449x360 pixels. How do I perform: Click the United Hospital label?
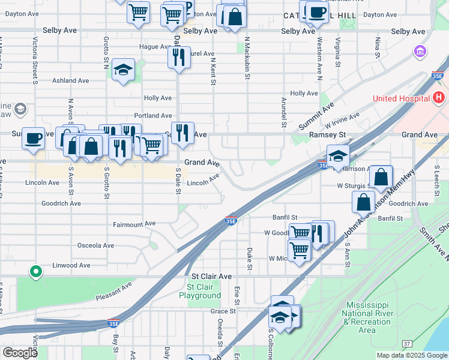[x=401, y=98]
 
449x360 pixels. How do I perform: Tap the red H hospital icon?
[x=439, y=97]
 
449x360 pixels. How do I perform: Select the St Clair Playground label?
[x=200, y=291]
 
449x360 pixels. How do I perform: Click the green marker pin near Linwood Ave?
[x=36, y=272]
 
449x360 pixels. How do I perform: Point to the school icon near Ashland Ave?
[x=123, y=70]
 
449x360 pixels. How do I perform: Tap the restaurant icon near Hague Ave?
[x=179, y=58]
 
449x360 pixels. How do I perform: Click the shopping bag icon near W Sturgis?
[x=381, y=177]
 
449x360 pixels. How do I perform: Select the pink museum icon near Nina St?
[x=420, y=52]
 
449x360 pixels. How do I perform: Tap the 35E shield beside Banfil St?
[x=232, y=221]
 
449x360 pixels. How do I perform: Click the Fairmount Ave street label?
[x=134, y=224]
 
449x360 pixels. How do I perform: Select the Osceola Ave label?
[x=95, y=245]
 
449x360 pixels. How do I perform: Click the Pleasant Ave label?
[x=113, y=290]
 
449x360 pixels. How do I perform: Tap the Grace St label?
[x=223, y=311]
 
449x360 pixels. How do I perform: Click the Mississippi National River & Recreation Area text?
[x=367, y=317]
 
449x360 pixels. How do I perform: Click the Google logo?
[x=20, y=353]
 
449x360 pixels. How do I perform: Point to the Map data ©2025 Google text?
[x=412, y=355]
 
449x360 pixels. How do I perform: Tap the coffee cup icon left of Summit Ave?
[x=34, y=139]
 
